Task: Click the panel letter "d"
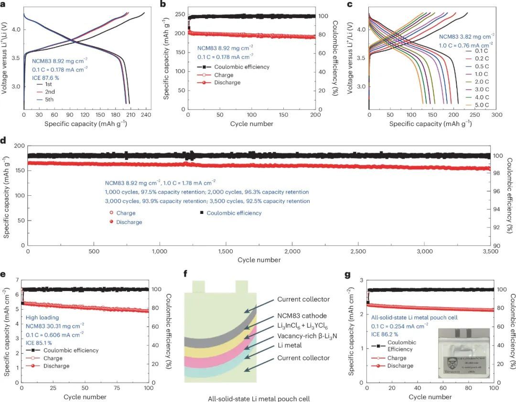[x=4, y=142]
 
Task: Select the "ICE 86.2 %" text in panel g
[x=387, y=334]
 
